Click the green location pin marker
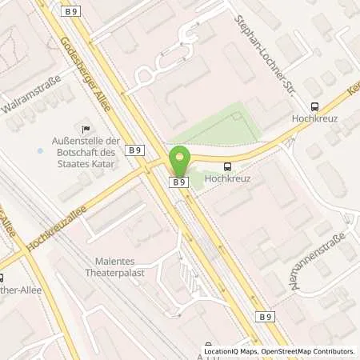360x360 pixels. click(178, 162)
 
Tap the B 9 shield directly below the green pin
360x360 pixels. click(178, 182)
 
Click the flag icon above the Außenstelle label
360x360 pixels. click(85, 128)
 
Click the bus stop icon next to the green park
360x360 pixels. click(229, 166)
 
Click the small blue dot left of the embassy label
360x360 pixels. click(40, 150)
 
